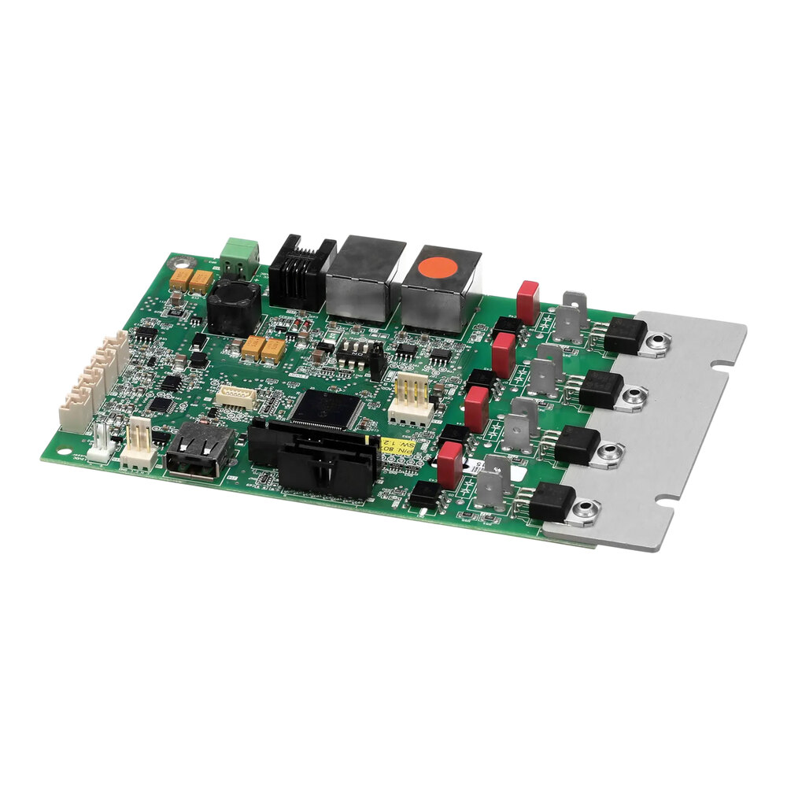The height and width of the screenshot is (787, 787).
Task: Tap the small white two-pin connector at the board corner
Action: coord(102,446)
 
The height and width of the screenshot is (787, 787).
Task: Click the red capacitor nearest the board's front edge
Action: coord(449,462)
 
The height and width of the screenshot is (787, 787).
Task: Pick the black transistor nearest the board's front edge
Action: coord(551,501)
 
